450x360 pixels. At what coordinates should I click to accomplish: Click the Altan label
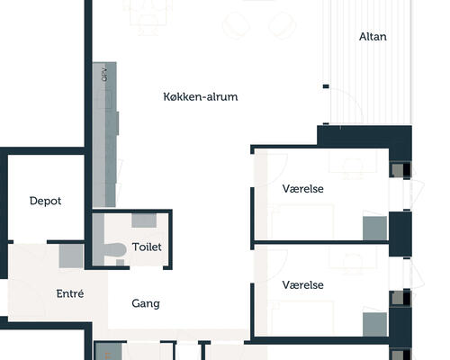pyautogui.click(x=373, y=37)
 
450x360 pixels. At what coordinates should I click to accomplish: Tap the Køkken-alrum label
pyautogui.click(x=201, y=96)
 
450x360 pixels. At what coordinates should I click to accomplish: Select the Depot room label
pyautogui.click(x=45, y=201)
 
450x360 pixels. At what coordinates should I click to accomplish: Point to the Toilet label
pyautogui.click(x=147, y=247)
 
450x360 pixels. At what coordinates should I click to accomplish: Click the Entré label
pyautogui.click(x=70, y=293)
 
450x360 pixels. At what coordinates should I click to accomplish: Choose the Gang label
pyautogui.click(x=146, y=303)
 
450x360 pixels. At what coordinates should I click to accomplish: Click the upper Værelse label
pyautogui.click(x=302, y=189)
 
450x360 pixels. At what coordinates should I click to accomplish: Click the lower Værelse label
pyautogui.click(x=302, y=284)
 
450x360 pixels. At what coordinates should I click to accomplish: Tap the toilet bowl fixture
pyautogui.click(x=114, y=250)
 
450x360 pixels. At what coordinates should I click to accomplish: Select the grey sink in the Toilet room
pyautogui.click(x=144, y=220)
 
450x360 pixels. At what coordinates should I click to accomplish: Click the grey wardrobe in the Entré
pyautogui.click(x=71, y=256)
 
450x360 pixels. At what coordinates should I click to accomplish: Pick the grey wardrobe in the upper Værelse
pyautogui.click(x=374, y=228)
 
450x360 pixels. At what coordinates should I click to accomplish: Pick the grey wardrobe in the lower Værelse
pyautogui.click(x=374, y=324)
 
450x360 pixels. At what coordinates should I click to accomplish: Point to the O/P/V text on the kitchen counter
pyautogui.click(x=104, y=74)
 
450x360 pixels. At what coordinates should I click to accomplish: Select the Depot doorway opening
pyautogui.click(x=31, y=242)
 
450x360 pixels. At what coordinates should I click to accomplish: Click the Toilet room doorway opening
pyautogui.click(x=147, y=267)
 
